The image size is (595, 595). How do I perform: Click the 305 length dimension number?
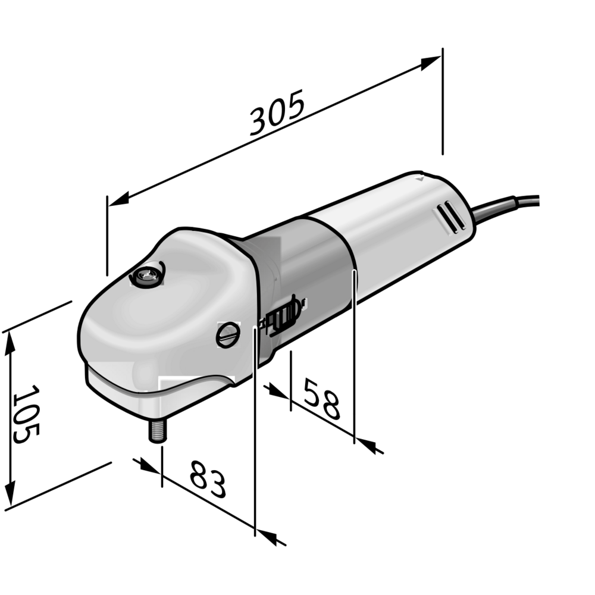pos(277,112)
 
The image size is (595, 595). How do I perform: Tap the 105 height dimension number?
pos(26,414)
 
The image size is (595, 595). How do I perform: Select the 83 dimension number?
pos(208,479)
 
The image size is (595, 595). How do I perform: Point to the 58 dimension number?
pos(321,399)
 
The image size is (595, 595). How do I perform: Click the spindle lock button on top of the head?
pos(148,275)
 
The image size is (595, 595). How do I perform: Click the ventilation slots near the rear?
pos(450,217)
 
